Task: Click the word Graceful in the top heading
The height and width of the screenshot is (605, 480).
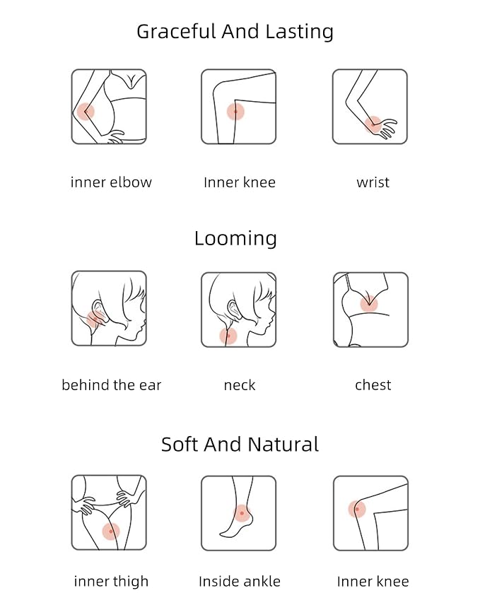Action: coord(176,32)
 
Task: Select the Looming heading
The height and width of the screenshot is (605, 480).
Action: coord(235,239)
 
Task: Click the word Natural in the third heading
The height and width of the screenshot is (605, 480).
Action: coord(283,445)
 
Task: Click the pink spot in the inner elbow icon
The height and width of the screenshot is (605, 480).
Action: coord(86,112)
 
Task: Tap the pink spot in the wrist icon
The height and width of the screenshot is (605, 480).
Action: coord(373,125)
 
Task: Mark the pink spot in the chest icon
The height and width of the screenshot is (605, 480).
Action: coord(369,304)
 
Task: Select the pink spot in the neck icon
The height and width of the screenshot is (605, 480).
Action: coord(228,336)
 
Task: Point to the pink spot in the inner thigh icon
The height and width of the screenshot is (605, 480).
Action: coord(111,531)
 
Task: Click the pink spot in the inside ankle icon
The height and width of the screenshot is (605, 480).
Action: coord(242,513)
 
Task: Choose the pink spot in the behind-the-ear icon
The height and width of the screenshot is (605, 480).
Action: coord(95,319)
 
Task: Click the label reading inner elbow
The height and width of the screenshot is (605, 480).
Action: coord(111,182)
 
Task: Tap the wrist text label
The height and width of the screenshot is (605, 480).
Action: coord(373,182)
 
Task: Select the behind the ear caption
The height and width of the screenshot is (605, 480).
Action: coord(111,384)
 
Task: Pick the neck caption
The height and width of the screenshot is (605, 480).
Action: coord(240,385)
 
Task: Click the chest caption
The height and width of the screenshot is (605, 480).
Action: coord(373,384)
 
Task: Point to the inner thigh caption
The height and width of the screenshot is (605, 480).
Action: coord(111,582)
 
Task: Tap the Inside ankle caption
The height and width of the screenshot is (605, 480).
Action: coord(240,581)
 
